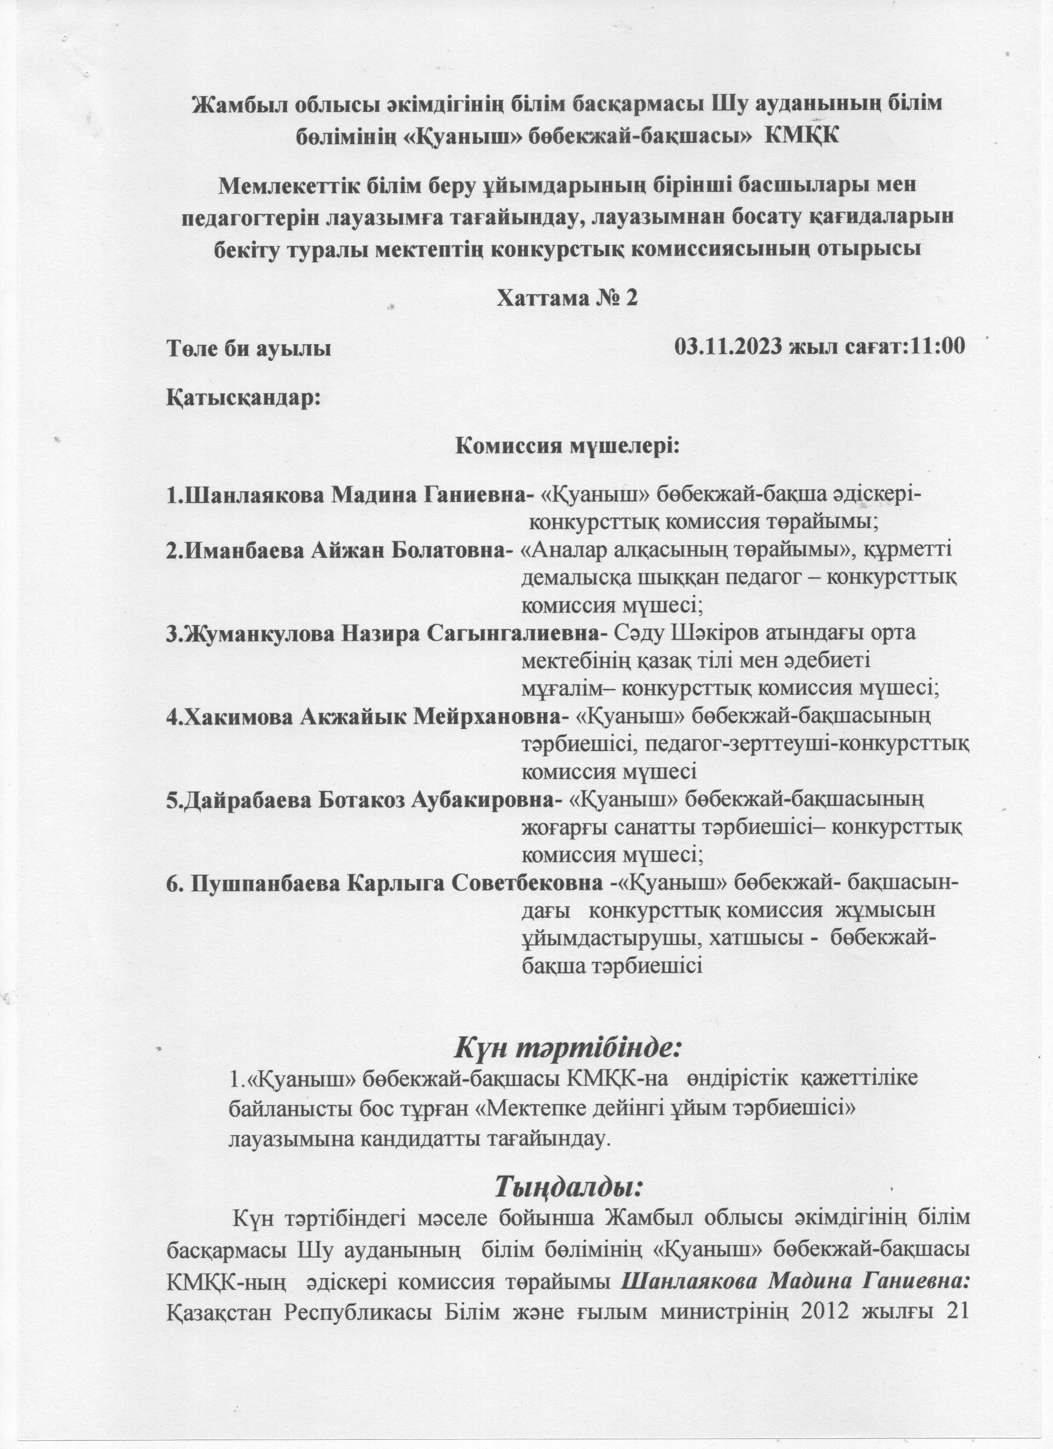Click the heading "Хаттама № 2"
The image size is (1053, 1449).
567,298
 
